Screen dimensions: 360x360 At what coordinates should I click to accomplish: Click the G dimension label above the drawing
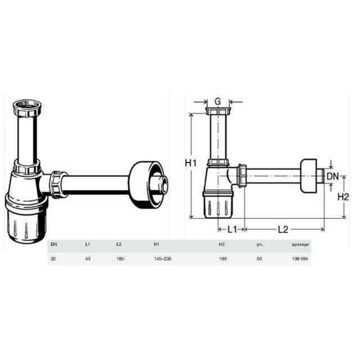pos(218,101)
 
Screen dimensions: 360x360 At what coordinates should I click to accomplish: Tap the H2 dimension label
pos(343,196)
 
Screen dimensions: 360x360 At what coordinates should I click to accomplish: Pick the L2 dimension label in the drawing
pos(282,228)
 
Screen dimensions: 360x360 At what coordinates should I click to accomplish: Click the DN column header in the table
pos(54,244)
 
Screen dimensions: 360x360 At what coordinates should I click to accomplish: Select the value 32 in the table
pos(53,258)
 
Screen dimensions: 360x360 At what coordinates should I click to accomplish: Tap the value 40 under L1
pos(87,258)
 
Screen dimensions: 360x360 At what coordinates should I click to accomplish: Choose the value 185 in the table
pos(119,258)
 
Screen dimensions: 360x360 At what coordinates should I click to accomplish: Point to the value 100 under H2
pos(223,258)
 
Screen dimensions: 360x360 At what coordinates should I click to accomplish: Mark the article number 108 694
pos(300,258)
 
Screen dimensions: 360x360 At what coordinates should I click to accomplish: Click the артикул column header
pos(300,244)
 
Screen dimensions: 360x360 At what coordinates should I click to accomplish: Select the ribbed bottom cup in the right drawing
pos(218,205)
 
